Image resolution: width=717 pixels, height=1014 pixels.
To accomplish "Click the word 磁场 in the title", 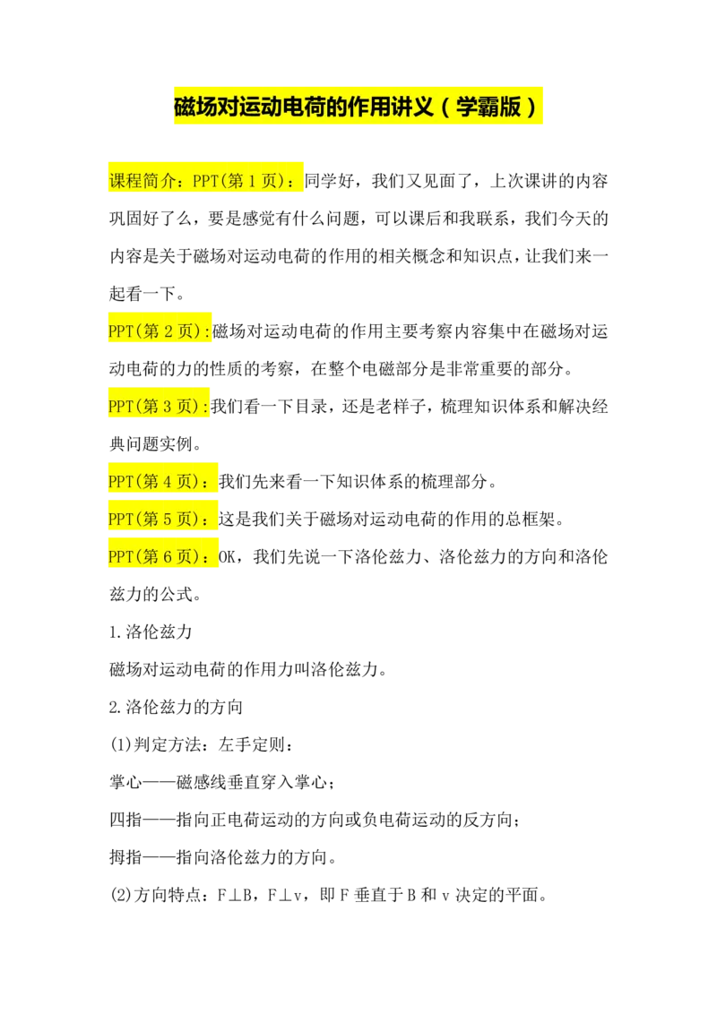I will tap(194, 107).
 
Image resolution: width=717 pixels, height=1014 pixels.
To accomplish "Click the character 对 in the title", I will tap(229, 107).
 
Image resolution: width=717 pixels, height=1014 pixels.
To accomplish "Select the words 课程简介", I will tap(141, 181).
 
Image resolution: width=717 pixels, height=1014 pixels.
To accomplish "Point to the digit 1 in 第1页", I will tap(253, 181).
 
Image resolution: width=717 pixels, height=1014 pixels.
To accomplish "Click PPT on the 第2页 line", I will tap(121, 331).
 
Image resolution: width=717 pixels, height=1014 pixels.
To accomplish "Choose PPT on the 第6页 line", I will tap(121, 557).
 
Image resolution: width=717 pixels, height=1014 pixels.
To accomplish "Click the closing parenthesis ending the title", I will tap(532, 107).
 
